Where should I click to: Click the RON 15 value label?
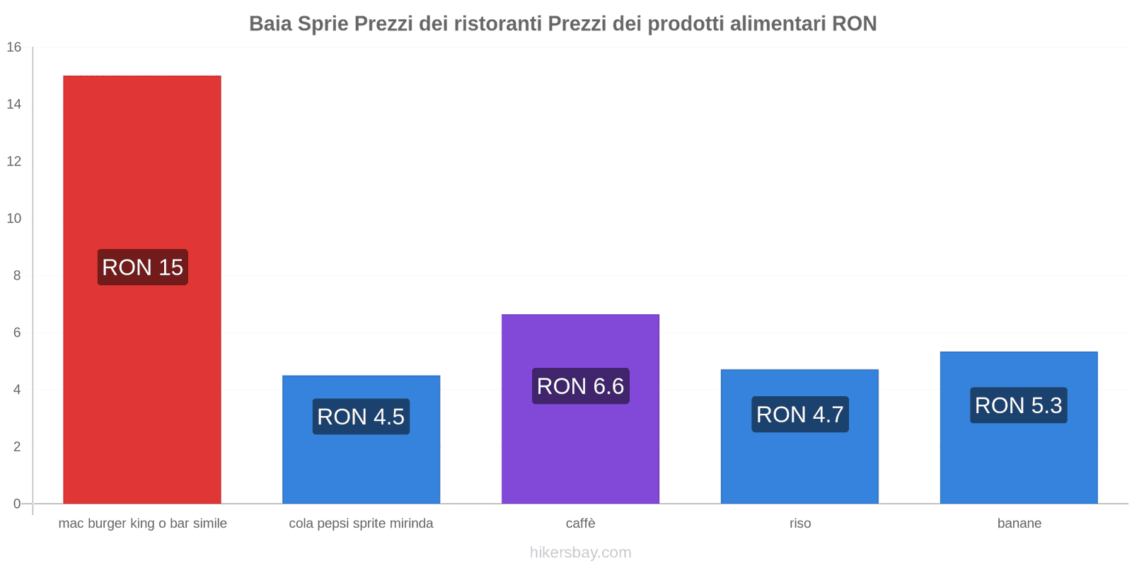(x=143, y=267)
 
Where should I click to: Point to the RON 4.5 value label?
(x=361, y=417)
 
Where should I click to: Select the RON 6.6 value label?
(x=580, y=386)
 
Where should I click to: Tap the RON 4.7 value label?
(x=799, y=415)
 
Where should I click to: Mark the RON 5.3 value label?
(x=1019, y=405)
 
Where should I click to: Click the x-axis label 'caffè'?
(x=580, y=524)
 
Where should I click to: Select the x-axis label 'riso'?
(x=800, y=524)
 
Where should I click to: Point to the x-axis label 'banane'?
(x=1019, y=524)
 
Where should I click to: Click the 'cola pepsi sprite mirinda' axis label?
(x=361, y=524)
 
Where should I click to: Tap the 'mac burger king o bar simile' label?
(x=142, y=524)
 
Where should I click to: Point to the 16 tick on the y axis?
(x=14, y=47)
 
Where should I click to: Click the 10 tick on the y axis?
(x=14, y=219)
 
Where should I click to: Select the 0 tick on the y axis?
(x=17, y=504)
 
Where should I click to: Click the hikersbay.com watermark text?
(x=580, y=553)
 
